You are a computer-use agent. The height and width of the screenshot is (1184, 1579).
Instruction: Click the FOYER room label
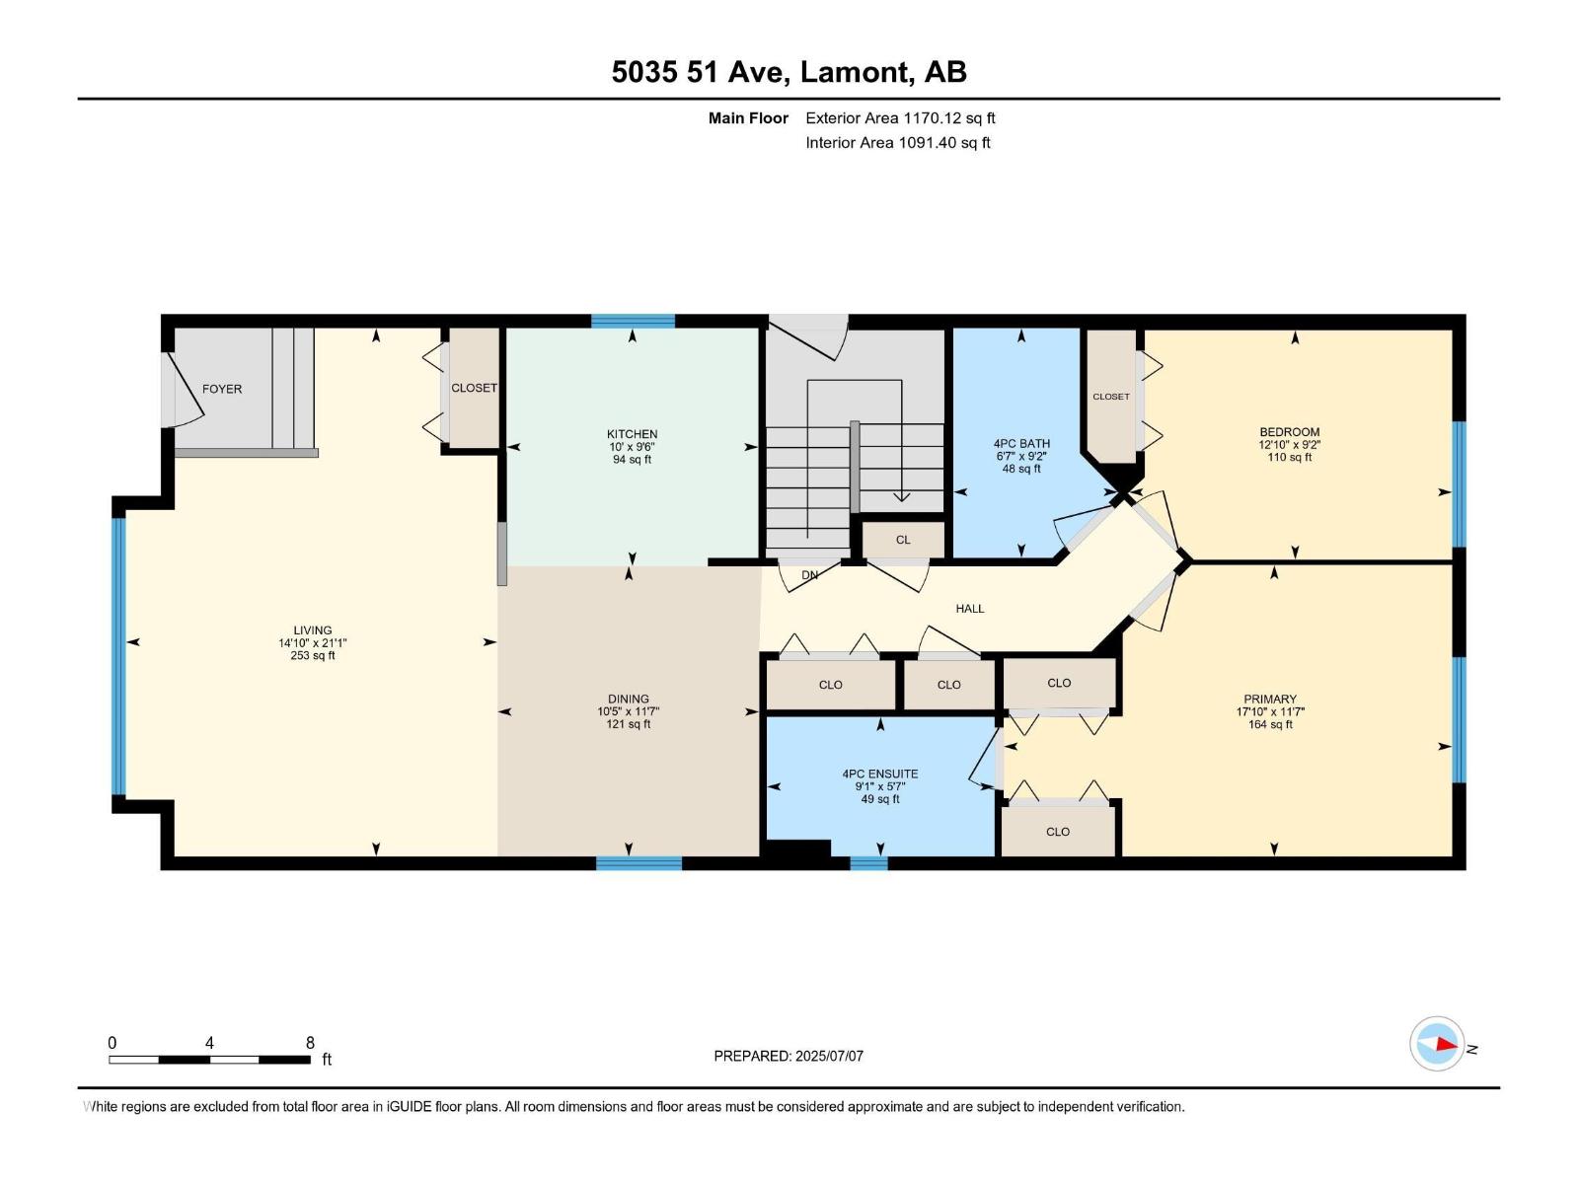click(222, 389)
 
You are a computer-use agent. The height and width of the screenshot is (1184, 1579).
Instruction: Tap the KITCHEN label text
click(632, 434)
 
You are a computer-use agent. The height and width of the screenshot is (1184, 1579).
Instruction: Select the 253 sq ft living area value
click(312, 656)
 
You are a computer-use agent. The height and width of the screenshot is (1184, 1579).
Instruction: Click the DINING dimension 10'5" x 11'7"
click(628, 711)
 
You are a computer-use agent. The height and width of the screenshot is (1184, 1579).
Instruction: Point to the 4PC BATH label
click(1021, 444)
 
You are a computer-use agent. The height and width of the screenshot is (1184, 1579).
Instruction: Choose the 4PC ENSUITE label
click(880, 775)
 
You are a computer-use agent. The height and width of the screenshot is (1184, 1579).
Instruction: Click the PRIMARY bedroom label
click(1270, 699)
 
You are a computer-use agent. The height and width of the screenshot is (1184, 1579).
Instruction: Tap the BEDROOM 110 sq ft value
click(1289, 458)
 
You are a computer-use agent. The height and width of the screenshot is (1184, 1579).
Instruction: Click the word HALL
click(970, 609)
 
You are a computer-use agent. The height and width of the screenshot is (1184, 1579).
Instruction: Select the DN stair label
click(809, 575)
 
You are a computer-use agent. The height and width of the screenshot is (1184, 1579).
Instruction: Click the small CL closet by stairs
click(903, 540)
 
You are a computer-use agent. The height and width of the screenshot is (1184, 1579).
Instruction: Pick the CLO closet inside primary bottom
click(1058, 832)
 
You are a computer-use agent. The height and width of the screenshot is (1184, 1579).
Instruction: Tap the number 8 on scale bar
click(310, 1043)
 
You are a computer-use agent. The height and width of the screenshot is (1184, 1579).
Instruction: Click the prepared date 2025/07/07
click(829, 1056)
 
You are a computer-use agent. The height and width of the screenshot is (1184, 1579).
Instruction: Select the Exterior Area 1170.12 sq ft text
click(900, 118)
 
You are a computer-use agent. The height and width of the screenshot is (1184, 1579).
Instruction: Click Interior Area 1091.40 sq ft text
click(898, 143)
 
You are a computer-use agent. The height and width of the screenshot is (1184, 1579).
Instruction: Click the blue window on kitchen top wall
click(633, 321)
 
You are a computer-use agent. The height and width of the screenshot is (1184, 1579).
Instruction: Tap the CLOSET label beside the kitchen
click(474, 388)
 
